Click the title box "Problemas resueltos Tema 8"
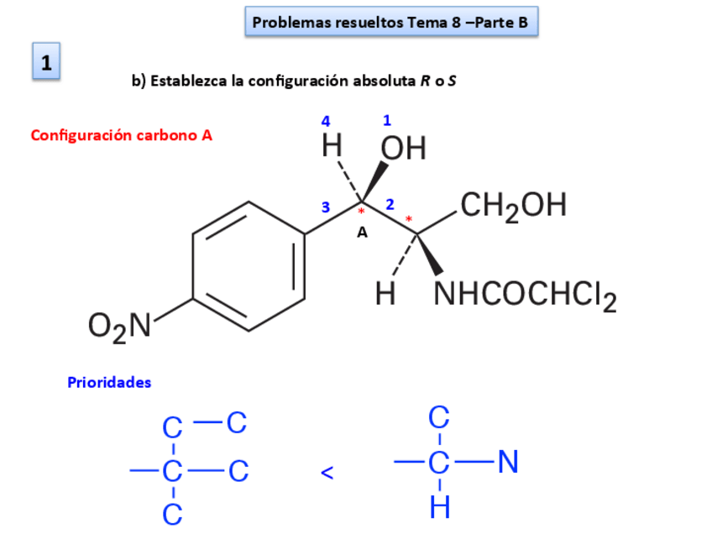[390, 23]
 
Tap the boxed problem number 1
[46, 62]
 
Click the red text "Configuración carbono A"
[121, 134]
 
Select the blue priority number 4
[326, 122]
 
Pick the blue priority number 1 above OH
[387, 120]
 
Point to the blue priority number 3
[326, 207]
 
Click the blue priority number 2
[390, 204]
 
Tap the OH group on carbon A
[404, 149]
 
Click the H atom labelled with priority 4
[332, 147]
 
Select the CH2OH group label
[513, 205]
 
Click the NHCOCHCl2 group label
[525, 295]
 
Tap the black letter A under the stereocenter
[363, 233]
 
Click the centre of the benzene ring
[248, 266]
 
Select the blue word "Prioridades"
[109, 382]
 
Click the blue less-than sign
[327, 474]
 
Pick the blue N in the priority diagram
[508, 462]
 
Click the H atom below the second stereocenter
[385, 293]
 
